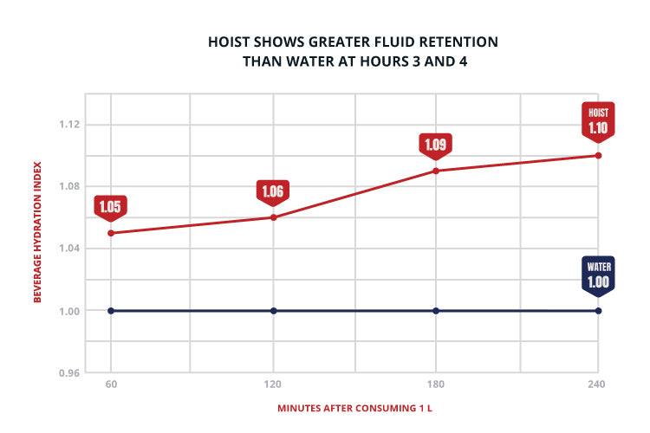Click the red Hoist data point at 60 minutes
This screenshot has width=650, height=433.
pyautogui.click(x=111, y=233)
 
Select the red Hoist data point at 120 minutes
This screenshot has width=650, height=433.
pyautogui.click(x=273, y=217)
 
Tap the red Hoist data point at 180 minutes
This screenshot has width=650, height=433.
pyautogui.click(x=436, y=171)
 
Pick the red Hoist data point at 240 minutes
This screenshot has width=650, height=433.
pyautogui.click(x=598, y=155)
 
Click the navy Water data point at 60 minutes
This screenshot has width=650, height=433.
pyautogui.click(x=111, y=311)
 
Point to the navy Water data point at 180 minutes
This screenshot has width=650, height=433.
pyautogui.click(x=436, y=311)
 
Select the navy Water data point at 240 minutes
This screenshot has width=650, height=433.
pyautogui.click(x=598, y=311)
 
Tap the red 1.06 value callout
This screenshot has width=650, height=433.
pyautogui.click(x=273, y=193)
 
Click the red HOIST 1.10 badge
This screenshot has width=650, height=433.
pyautogui.click(x=598, y=122)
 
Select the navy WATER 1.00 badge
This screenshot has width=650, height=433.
pyautogui.click(x=598, y=276)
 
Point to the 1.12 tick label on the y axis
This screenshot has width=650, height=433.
pyautogui.click(x=69, y=125)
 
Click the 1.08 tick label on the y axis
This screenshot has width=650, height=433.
pyautogui.click(x=69, y=186)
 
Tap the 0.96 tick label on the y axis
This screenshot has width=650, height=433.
pyautogui.click(x=69, y=373)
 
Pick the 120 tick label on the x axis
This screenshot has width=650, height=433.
pyautogui.click(x=273, y=385)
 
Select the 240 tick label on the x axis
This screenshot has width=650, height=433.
pyautogui.click(x=596, y=385)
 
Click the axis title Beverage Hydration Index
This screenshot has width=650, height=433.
pyautogui.click(x=37, y=232)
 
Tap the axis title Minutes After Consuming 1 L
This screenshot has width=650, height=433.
pyautogui.click(x=354, y=408)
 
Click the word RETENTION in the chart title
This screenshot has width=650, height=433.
pyautogui.click(x=458, y=42)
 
